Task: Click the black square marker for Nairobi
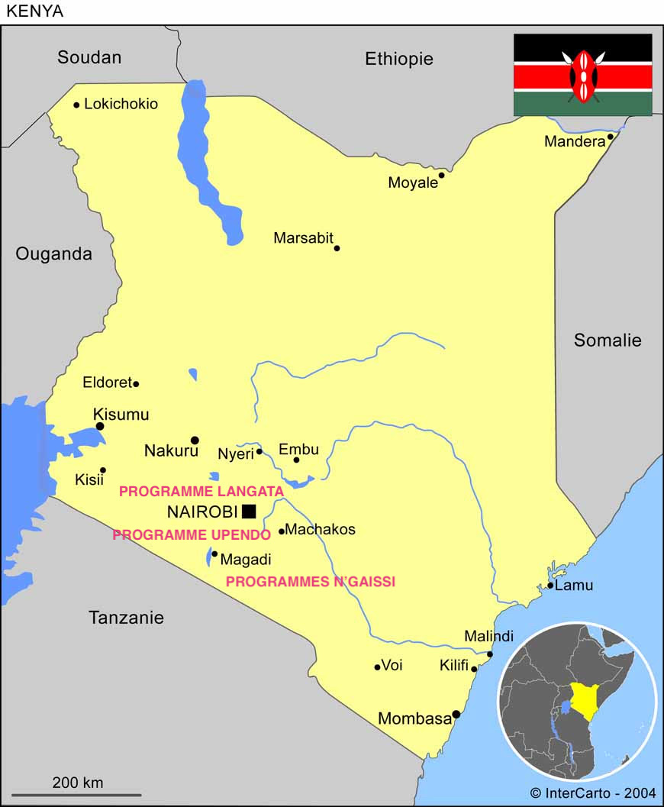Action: [249, 512]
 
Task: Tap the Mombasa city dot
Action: [456, 715]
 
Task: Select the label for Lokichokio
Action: [121, 104]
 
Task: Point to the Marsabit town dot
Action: [337, 248]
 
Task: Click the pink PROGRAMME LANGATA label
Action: [201, 492]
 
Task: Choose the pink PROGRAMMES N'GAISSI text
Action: [311, 582]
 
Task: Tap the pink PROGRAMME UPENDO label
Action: [192, 535]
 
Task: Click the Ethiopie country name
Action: [398, 59]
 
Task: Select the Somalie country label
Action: [608, 341]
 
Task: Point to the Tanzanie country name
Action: [126, 618]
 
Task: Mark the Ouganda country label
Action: [53, 254]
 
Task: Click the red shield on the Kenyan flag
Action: [583, 76]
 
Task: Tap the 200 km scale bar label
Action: [77, 783]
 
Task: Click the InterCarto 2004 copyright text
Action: [592, 793]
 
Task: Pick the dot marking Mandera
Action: [611, 137]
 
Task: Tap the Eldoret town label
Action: [107, 383]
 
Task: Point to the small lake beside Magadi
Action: [209, 557]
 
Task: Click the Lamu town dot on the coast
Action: [550, 586]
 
